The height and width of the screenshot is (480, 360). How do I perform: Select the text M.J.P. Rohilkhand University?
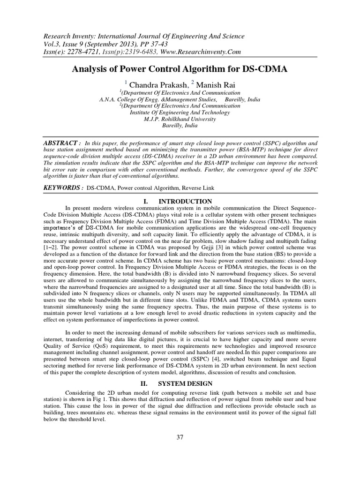[x=180, y=119]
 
